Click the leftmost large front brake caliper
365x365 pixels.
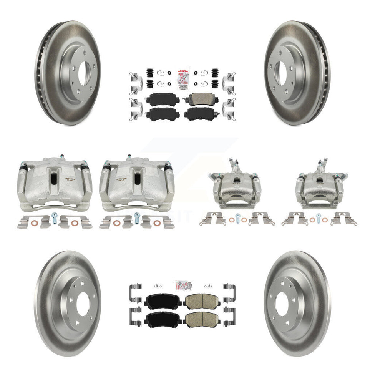coord(54,182)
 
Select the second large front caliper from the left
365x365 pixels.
coord(136,182)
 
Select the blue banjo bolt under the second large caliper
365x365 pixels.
coord(136,222)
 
